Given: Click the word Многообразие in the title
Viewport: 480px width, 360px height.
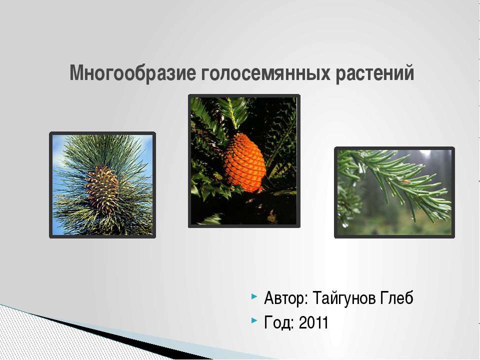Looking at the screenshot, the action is (132, 73).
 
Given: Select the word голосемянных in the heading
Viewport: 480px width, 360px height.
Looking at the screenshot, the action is (265, 73).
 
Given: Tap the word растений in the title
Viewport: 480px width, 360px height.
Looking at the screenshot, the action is (375, 73).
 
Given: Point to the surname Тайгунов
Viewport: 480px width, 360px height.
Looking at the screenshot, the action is (344, 298).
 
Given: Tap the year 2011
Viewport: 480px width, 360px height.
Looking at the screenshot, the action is (313, 322).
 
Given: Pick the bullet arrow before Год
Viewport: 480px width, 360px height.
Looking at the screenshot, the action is (254, 320).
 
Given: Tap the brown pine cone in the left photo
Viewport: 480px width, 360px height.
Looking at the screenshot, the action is (102, 188).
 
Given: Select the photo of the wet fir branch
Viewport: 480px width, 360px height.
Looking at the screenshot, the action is (394, 192).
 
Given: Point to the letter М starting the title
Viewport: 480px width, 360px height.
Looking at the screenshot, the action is (77, 72).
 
